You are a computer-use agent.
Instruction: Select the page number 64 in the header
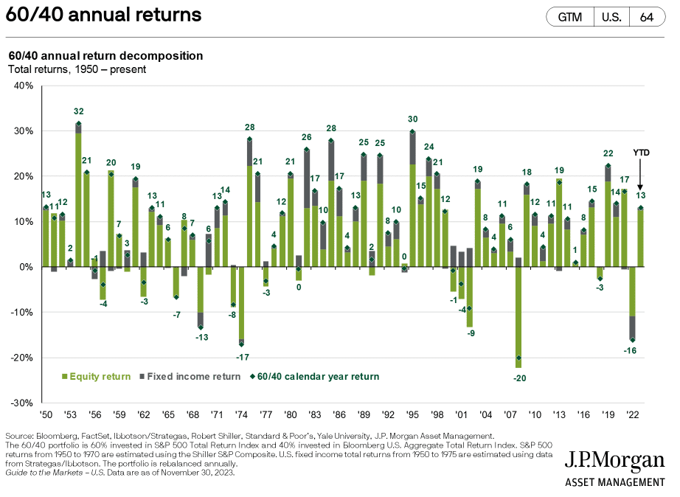pos(648,16)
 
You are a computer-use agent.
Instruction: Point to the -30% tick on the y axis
pos(22,403)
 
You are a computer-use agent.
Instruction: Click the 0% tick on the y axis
pos(26,267)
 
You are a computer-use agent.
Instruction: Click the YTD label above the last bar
pos(640,153)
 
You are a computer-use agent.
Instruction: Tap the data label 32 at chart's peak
pos(78,112)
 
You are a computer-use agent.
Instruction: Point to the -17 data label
pos(241,358)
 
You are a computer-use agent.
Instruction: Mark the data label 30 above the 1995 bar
pos(412,119)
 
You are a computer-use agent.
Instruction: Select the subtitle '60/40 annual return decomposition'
pos(105,56)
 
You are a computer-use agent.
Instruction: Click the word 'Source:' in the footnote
pos(21,436)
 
